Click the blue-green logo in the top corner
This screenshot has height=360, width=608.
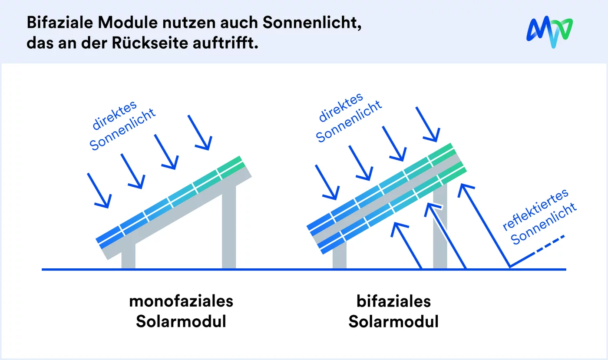[x=549, y=33]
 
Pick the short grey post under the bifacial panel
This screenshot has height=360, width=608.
[x=340, y=259]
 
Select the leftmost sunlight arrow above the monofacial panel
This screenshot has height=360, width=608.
[x=99, y=190]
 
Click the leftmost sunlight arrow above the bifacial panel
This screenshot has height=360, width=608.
[x=327, y=182]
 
